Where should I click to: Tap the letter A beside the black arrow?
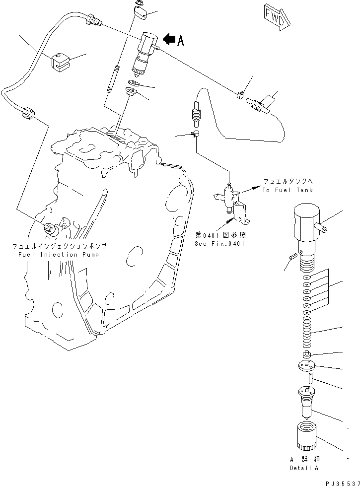pos(181,41)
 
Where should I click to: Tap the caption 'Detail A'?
pos(304,468)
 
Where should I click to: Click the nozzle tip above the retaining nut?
pos(306,402)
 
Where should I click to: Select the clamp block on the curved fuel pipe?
pos(59,62)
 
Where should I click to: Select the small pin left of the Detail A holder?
pos(292,257)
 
